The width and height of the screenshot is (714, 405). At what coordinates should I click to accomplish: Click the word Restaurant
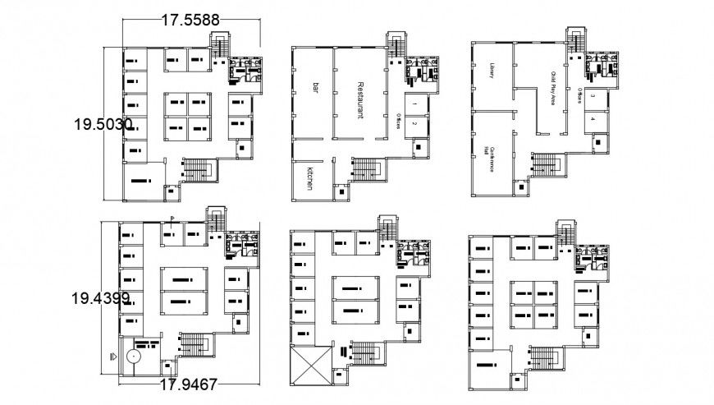pos(360,100)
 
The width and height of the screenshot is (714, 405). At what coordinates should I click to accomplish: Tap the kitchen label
pos(310,178)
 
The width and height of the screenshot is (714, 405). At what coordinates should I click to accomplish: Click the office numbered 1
pos(416,105)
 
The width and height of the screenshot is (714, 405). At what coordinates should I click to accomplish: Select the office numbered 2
pos(416,124)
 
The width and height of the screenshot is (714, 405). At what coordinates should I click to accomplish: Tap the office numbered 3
pos(593,97)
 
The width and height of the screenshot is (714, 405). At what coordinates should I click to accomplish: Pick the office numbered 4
pos(593,119)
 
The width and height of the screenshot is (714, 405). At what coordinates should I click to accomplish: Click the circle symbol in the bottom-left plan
pos(133,358)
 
